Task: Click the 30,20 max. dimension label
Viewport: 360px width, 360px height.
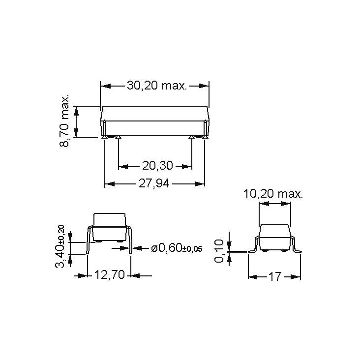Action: pos(157,86)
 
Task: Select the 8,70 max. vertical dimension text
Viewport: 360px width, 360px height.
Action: pos(64,120)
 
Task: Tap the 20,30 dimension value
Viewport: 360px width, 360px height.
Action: pos(157,166)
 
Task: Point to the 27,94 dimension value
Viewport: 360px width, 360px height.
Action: pos(154,183)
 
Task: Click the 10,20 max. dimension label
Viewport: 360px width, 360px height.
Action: pos(273,194)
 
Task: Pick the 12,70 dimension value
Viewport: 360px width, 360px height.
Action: pos(110,274)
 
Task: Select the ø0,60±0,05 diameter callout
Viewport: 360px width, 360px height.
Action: pos(177,248)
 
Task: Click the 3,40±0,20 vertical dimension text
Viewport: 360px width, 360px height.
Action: pos(60,246)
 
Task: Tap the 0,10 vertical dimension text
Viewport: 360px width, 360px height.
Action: pos(219,251)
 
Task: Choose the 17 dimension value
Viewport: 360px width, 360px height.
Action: pos(274,277)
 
